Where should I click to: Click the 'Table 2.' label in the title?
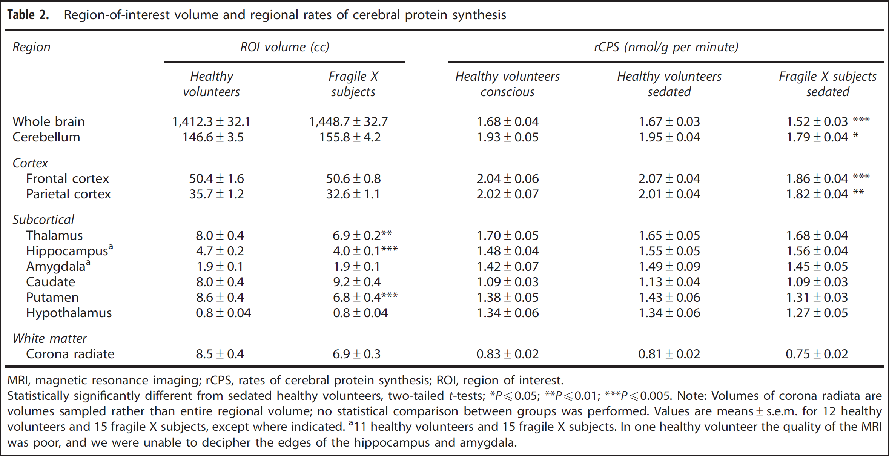[28, 15]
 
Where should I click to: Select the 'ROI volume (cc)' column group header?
[285, 47]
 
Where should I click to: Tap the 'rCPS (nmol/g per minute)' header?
[666, 47]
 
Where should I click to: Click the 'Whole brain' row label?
[49, 121]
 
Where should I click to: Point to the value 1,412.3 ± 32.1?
[211, 121]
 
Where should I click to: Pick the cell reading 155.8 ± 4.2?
[350, 137]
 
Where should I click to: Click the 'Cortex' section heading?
[30, 163]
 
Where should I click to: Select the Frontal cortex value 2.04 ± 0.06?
[508, 178]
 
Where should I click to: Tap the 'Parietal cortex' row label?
[68, 194]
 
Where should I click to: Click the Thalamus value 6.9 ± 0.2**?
[362, 235]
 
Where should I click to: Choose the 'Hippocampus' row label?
[69, 250]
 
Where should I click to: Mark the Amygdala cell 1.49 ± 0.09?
[669, 266]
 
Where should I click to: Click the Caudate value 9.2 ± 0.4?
[357, 282]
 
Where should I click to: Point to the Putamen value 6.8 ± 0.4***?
[365, 297]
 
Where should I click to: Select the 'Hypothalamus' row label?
[69, 313]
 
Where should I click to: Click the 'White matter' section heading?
[49, 338]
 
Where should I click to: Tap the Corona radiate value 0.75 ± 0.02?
[817, 354]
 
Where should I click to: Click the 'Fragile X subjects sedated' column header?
[828, 84]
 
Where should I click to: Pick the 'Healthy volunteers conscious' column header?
[507, 84]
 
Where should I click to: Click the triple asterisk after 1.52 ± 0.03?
[861, 120]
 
